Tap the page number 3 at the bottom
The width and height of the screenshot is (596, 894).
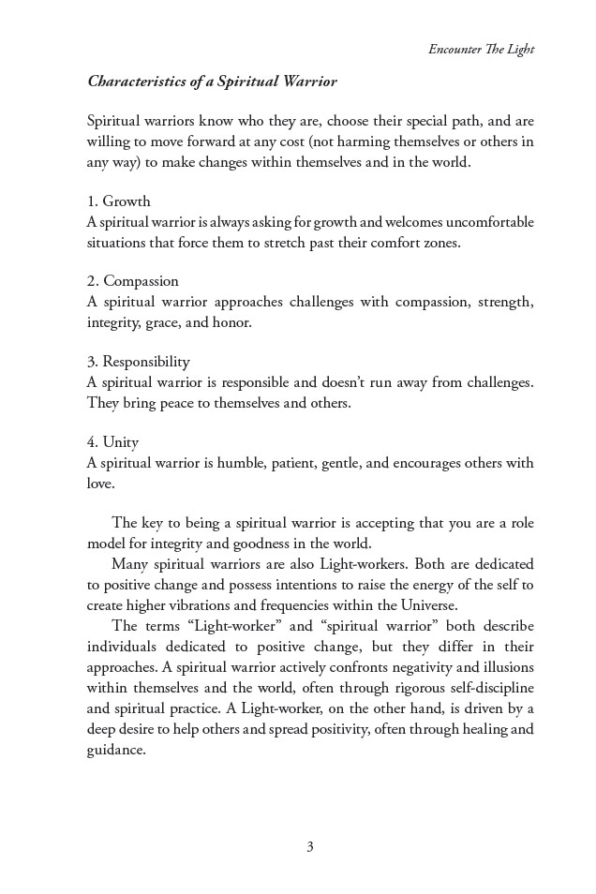[x=309, y=847]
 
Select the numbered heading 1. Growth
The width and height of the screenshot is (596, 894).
[x=118, y=201]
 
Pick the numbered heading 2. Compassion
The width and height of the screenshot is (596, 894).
[x=132, y=281]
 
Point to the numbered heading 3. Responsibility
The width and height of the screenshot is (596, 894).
[x=138, y=362]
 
